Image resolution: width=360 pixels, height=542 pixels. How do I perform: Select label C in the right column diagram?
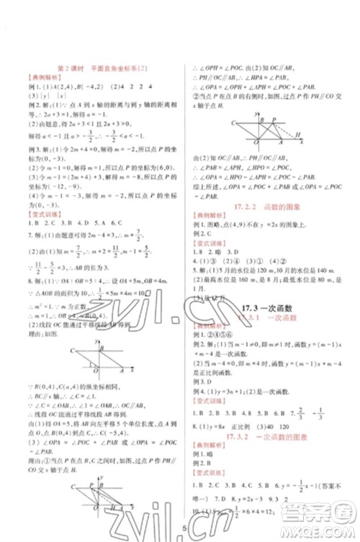[x=235, y=123]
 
